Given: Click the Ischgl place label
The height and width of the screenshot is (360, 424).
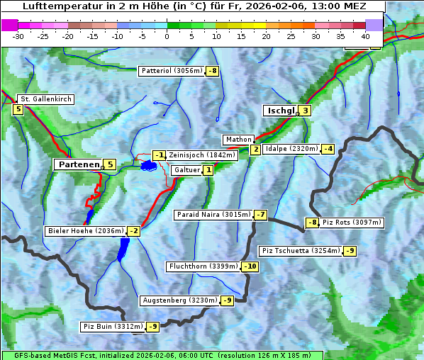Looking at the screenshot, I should point(280,111).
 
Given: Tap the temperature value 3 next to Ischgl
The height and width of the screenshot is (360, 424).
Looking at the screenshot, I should point(305,111).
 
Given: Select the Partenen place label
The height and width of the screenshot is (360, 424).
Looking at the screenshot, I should point(78,164).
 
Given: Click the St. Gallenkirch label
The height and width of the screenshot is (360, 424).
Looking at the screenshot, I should point(45,99).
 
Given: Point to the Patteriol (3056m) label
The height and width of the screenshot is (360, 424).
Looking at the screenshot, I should point(172,71).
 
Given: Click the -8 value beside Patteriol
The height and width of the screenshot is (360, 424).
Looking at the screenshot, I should point(212,71).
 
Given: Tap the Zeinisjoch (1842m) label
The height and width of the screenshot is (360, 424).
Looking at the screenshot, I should point(202,155).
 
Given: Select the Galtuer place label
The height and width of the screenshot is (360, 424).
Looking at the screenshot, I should point(186,170).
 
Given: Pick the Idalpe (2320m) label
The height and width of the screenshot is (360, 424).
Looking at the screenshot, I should point(291,149).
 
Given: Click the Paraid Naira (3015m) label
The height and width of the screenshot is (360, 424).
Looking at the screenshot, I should point(213,215).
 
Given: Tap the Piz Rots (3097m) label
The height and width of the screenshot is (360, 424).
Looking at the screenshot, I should point(352,223).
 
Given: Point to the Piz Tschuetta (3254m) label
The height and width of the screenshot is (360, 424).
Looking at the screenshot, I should point(301,251).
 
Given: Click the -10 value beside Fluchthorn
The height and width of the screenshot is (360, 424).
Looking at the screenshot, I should point(250,266).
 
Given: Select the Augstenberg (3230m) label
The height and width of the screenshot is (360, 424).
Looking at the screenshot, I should point(179,300).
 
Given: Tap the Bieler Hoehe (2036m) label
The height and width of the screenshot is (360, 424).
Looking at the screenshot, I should point(85,231).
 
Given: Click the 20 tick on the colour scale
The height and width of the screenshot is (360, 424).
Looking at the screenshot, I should point(266,36).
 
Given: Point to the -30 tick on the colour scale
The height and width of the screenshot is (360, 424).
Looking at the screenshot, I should point(18,36).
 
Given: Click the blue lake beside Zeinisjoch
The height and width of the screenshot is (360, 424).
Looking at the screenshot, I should point(148,166).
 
